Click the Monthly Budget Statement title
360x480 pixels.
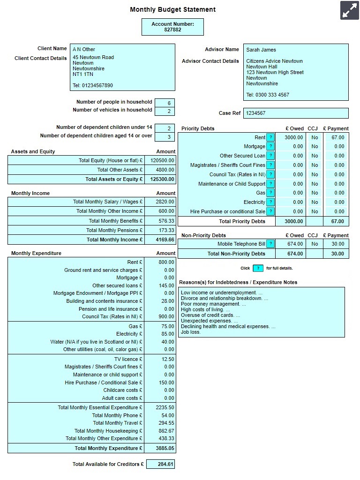pos(172,9)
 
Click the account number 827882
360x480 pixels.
pos(172,30)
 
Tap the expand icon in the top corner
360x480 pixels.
pos(349,10)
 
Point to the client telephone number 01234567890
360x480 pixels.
pos(93,85)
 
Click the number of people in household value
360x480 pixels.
pos(165,103)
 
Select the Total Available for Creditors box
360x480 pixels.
pos(160,465)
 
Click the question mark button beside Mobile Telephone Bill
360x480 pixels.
pos(270,244)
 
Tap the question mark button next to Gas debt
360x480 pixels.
pos(270,193)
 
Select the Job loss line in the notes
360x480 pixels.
pos(190,332)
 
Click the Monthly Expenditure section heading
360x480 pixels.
pos(36,253)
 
